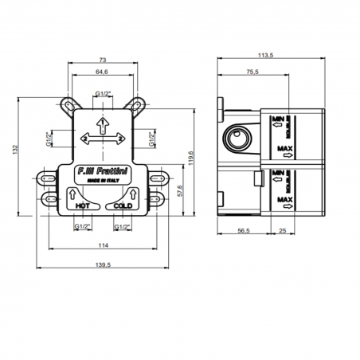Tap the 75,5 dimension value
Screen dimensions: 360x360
click(252, 71)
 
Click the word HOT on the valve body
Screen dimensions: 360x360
click(82, 205)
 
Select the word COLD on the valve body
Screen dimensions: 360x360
click(122, 205)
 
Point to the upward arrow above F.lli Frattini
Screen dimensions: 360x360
click(103, 125)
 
